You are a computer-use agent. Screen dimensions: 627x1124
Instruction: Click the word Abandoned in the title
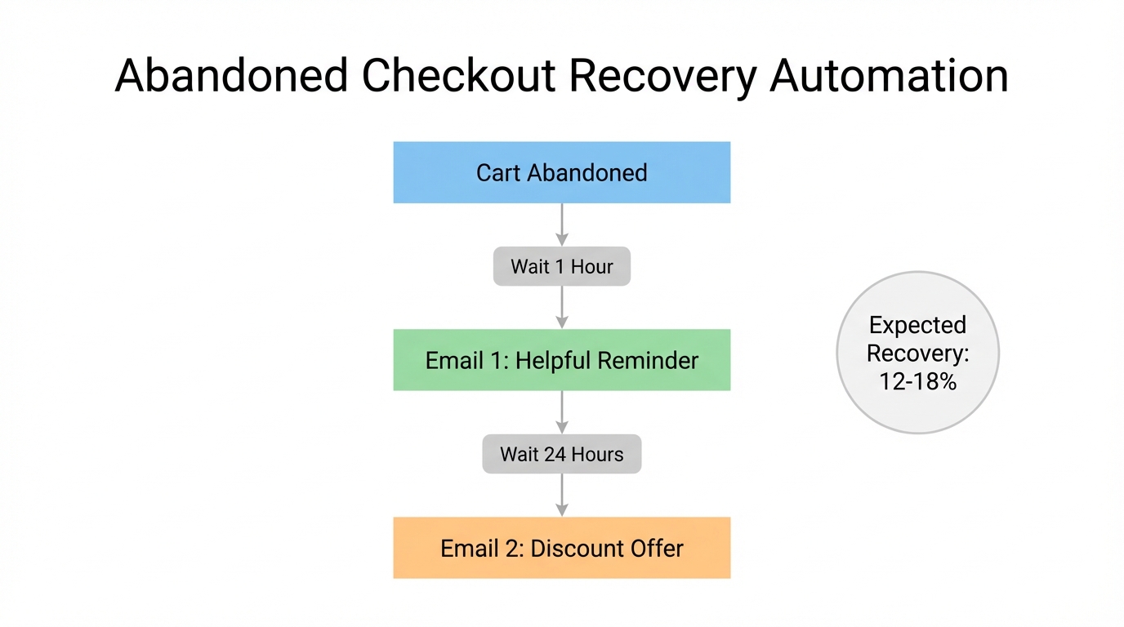pos(231,76)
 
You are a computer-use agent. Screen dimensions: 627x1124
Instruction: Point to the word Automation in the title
pos(890,76)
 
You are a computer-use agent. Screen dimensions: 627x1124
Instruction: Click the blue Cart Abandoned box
pos(561,172)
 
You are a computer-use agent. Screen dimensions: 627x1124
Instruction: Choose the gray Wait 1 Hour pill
pos(561,266)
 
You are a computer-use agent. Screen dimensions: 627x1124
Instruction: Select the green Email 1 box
pos(561,360)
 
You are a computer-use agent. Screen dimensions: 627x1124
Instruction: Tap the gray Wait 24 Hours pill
pos(561,454)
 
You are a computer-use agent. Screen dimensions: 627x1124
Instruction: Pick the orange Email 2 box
pos(561,548)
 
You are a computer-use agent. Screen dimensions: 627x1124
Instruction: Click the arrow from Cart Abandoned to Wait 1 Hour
pos(562,225)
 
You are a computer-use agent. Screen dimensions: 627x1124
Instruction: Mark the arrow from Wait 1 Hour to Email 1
pos(562,307)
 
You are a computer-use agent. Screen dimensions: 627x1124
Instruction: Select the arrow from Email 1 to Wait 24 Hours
pos(562,412)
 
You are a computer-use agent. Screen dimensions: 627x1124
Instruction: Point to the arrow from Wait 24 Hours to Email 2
pos(562,495)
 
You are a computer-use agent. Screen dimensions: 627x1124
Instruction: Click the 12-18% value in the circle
pos(917,381)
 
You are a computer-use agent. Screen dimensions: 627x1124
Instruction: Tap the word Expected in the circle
pos(917,325)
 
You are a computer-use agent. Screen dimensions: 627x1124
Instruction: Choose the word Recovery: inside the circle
pos(917,354)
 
